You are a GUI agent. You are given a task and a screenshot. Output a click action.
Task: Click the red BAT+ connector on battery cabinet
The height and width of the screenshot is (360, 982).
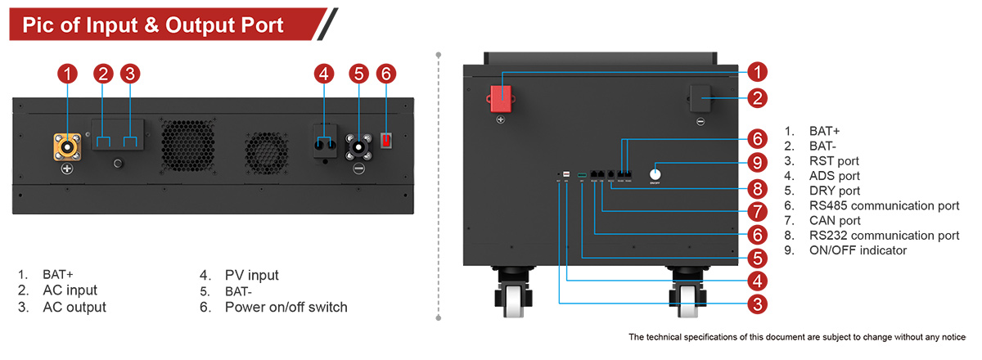[500, 97]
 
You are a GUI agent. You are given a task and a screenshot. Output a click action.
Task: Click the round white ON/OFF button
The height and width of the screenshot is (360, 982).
[655, 173]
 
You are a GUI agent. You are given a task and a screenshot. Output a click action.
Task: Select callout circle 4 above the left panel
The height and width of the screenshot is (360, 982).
[324, 74]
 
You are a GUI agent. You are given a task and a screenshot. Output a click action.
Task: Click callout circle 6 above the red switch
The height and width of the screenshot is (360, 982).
[387, 74]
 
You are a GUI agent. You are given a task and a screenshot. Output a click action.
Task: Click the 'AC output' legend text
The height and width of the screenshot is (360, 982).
[74, 308]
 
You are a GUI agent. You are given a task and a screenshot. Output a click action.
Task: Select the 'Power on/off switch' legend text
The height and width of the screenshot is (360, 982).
[286, 308]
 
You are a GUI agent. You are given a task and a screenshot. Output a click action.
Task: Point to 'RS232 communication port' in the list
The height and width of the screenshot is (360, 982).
[884, 235]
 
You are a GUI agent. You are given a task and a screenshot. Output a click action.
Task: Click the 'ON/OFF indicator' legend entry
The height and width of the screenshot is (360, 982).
[857, 250]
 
